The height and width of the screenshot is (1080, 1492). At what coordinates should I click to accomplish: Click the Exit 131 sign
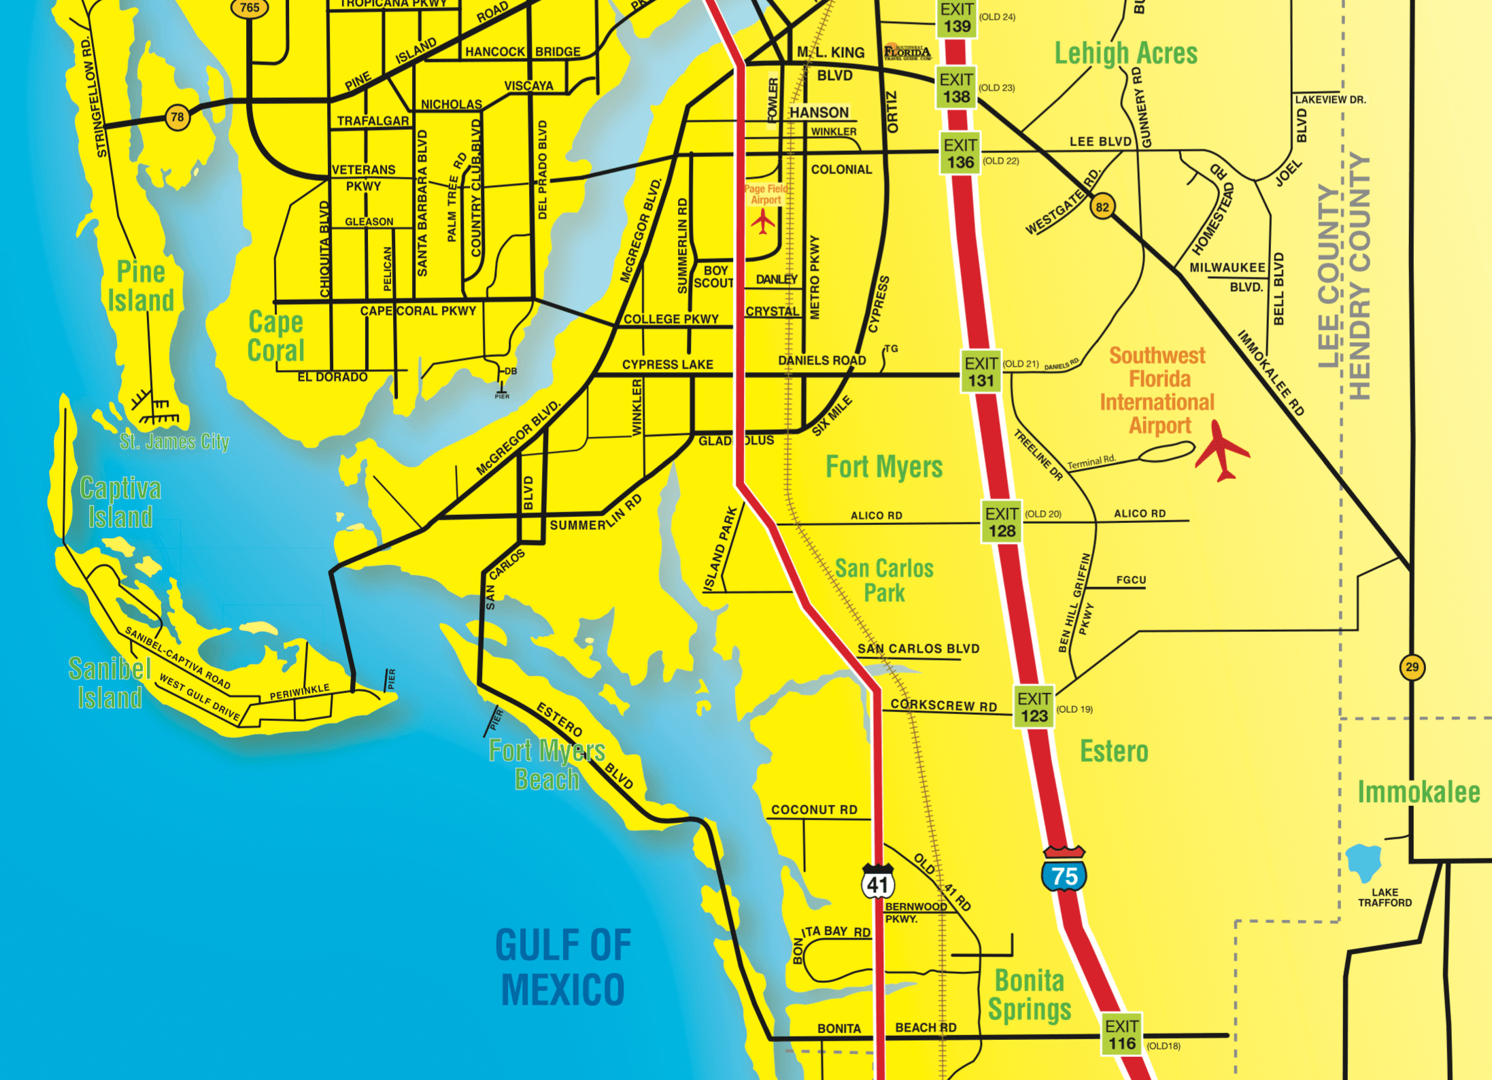point(981,371)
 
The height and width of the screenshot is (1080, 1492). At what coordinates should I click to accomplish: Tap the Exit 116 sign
point(1121,1034)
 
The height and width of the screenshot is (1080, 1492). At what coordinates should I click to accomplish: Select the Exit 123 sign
point(1034,707)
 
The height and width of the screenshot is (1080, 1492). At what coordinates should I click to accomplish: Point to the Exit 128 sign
point(1002,522)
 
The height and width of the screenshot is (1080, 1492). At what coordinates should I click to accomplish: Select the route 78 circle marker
point(177,117)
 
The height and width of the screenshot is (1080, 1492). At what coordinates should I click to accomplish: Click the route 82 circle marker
point(1102,207)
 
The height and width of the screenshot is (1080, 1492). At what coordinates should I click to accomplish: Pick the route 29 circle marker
point(1412,667)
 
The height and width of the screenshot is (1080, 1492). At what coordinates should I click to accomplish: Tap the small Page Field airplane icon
point(763,222)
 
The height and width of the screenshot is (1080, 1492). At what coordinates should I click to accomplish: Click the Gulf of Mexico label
point(563,966)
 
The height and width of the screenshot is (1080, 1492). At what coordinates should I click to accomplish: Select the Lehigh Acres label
point(1125,54)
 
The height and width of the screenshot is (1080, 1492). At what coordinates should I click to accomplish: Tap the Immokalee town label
point(1419,792)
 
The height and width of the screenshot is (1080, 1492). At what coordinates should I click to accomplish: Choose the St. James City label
point(174,442)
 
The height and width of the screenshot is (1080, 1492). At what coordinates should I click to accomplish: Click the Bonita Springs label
point(1030,995)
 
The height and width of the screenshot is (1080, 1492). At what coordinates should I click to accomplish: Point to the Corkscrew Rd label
point(943,706)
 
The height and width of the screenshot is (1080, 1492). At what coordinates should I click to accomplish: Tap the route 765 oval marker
point(250,8)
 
